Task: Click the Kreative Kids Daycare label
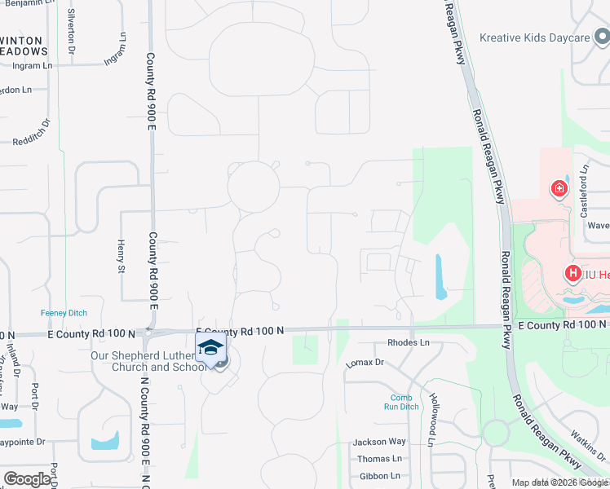534,37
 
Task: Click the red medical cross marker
559,189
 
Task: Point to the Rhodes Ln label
408,343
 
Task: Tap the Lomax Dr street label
365,362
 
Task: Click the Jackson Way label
378,442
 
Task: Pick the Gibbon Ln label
379,476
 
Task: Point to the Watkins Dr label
588,445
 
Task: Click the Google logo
27,478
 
